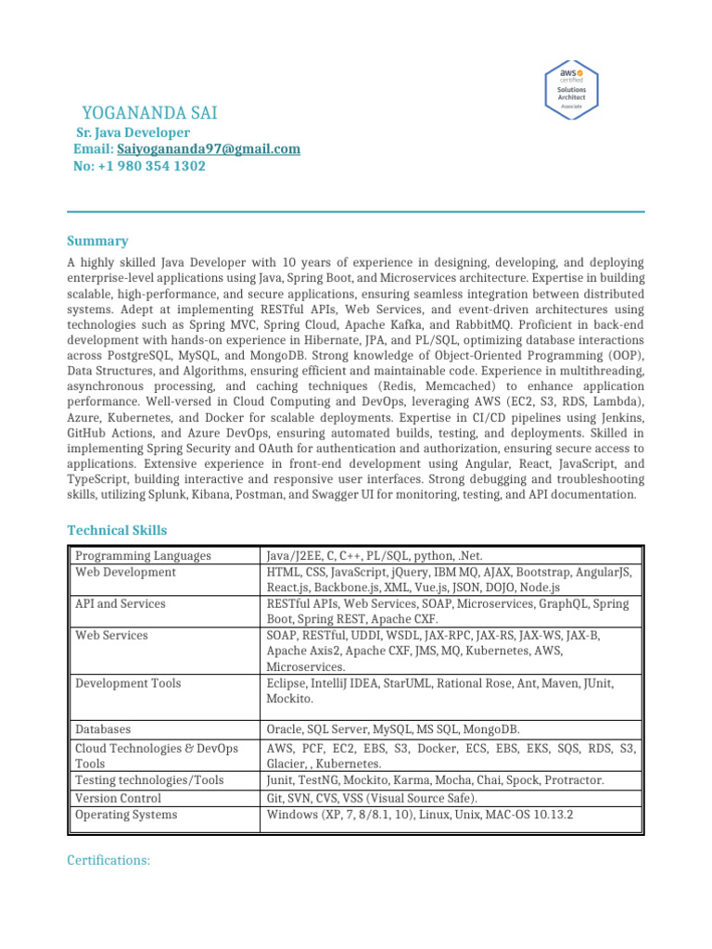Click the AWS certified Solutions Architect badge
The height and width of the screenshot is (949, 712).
[570, 88]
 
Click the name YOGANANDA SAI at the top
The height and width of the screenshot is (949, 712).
[149, 114]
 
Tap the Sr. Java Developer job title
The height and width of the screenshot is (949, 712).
[132, 133]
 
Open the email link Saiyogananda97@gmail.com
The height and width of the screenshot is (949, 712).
[209, 149]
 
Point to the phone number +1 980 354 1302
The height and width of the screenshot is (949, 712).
[151, 167]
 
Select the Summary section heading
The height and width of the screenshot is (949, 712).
[97, 241]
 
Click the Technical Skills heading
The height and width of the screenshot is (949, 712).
[117, 530]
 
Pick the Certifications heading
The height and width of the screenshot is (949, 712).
[108, 861]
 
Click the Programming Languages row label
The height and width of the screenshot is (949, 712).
[143, 556]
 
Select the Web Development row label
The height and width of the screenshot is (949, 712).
[125, 573]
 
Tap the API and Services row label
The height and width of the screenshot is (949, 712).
[121, 604]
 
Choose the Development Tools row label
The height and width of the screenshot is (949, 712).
[128, 683]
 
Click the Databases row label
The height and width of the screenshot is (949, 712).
[103, 730]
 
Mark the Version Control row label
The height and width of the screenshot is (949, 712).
[118, 798]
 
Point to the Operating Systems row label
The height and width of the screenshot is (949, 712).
[126, 816]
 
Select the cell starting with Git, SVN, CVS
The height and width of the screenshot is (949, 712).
[372, 798]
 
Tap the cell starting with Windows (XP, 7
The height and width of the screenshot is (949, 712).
[419, 816]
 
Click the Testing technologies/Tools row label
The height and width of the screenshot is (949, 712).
[149, 781]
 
